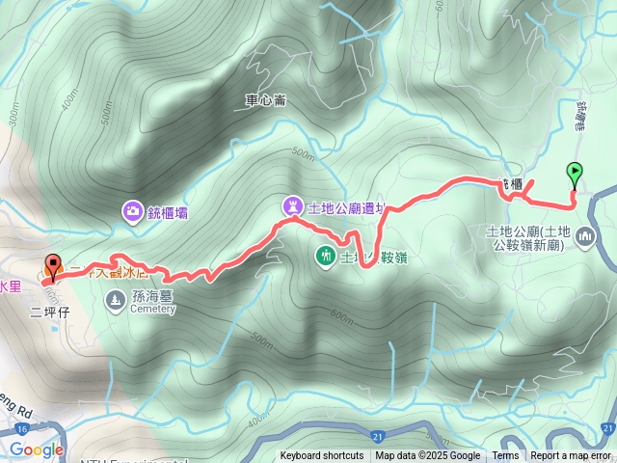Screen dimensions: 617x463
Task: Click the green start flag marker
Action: click(x=576, y=174)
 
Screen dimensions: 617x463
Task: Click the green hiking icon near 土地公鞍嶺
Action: click(x=326, y=256)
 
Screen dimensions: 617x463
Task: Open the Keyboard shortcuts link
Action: click(x=322, y=456)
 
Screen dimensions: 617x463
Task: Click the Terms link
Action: click(x=505, y=456)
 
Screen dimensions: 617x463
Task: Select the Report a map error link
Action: click(x=571, y=456)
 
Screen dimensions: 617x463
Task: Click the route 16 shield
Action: click(x=8, y=426)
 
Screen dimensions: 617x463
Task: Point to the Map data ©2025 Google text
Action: click(x=428, y=456)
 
